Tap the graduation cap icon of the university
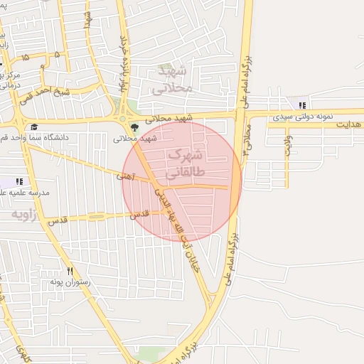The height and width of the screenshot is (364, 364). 33,127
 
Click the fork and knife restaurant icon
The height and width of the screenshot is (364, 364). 70,271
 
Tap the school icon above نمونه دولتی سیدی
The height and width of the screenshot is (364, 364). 303,105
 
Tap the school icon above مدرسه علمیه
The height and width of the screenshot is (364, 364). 18,182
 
